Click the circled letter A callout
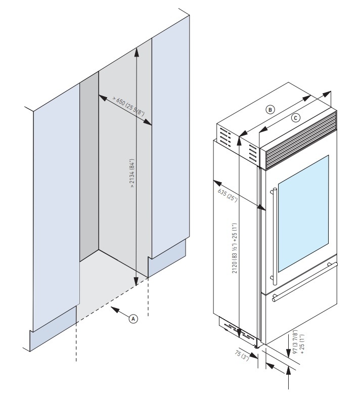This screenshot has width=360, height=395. point(133,319)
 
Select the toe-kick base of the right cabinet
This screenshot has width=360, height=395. point(167,258)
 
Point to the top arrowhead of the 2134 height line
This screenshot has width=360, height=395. point(137,49)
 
